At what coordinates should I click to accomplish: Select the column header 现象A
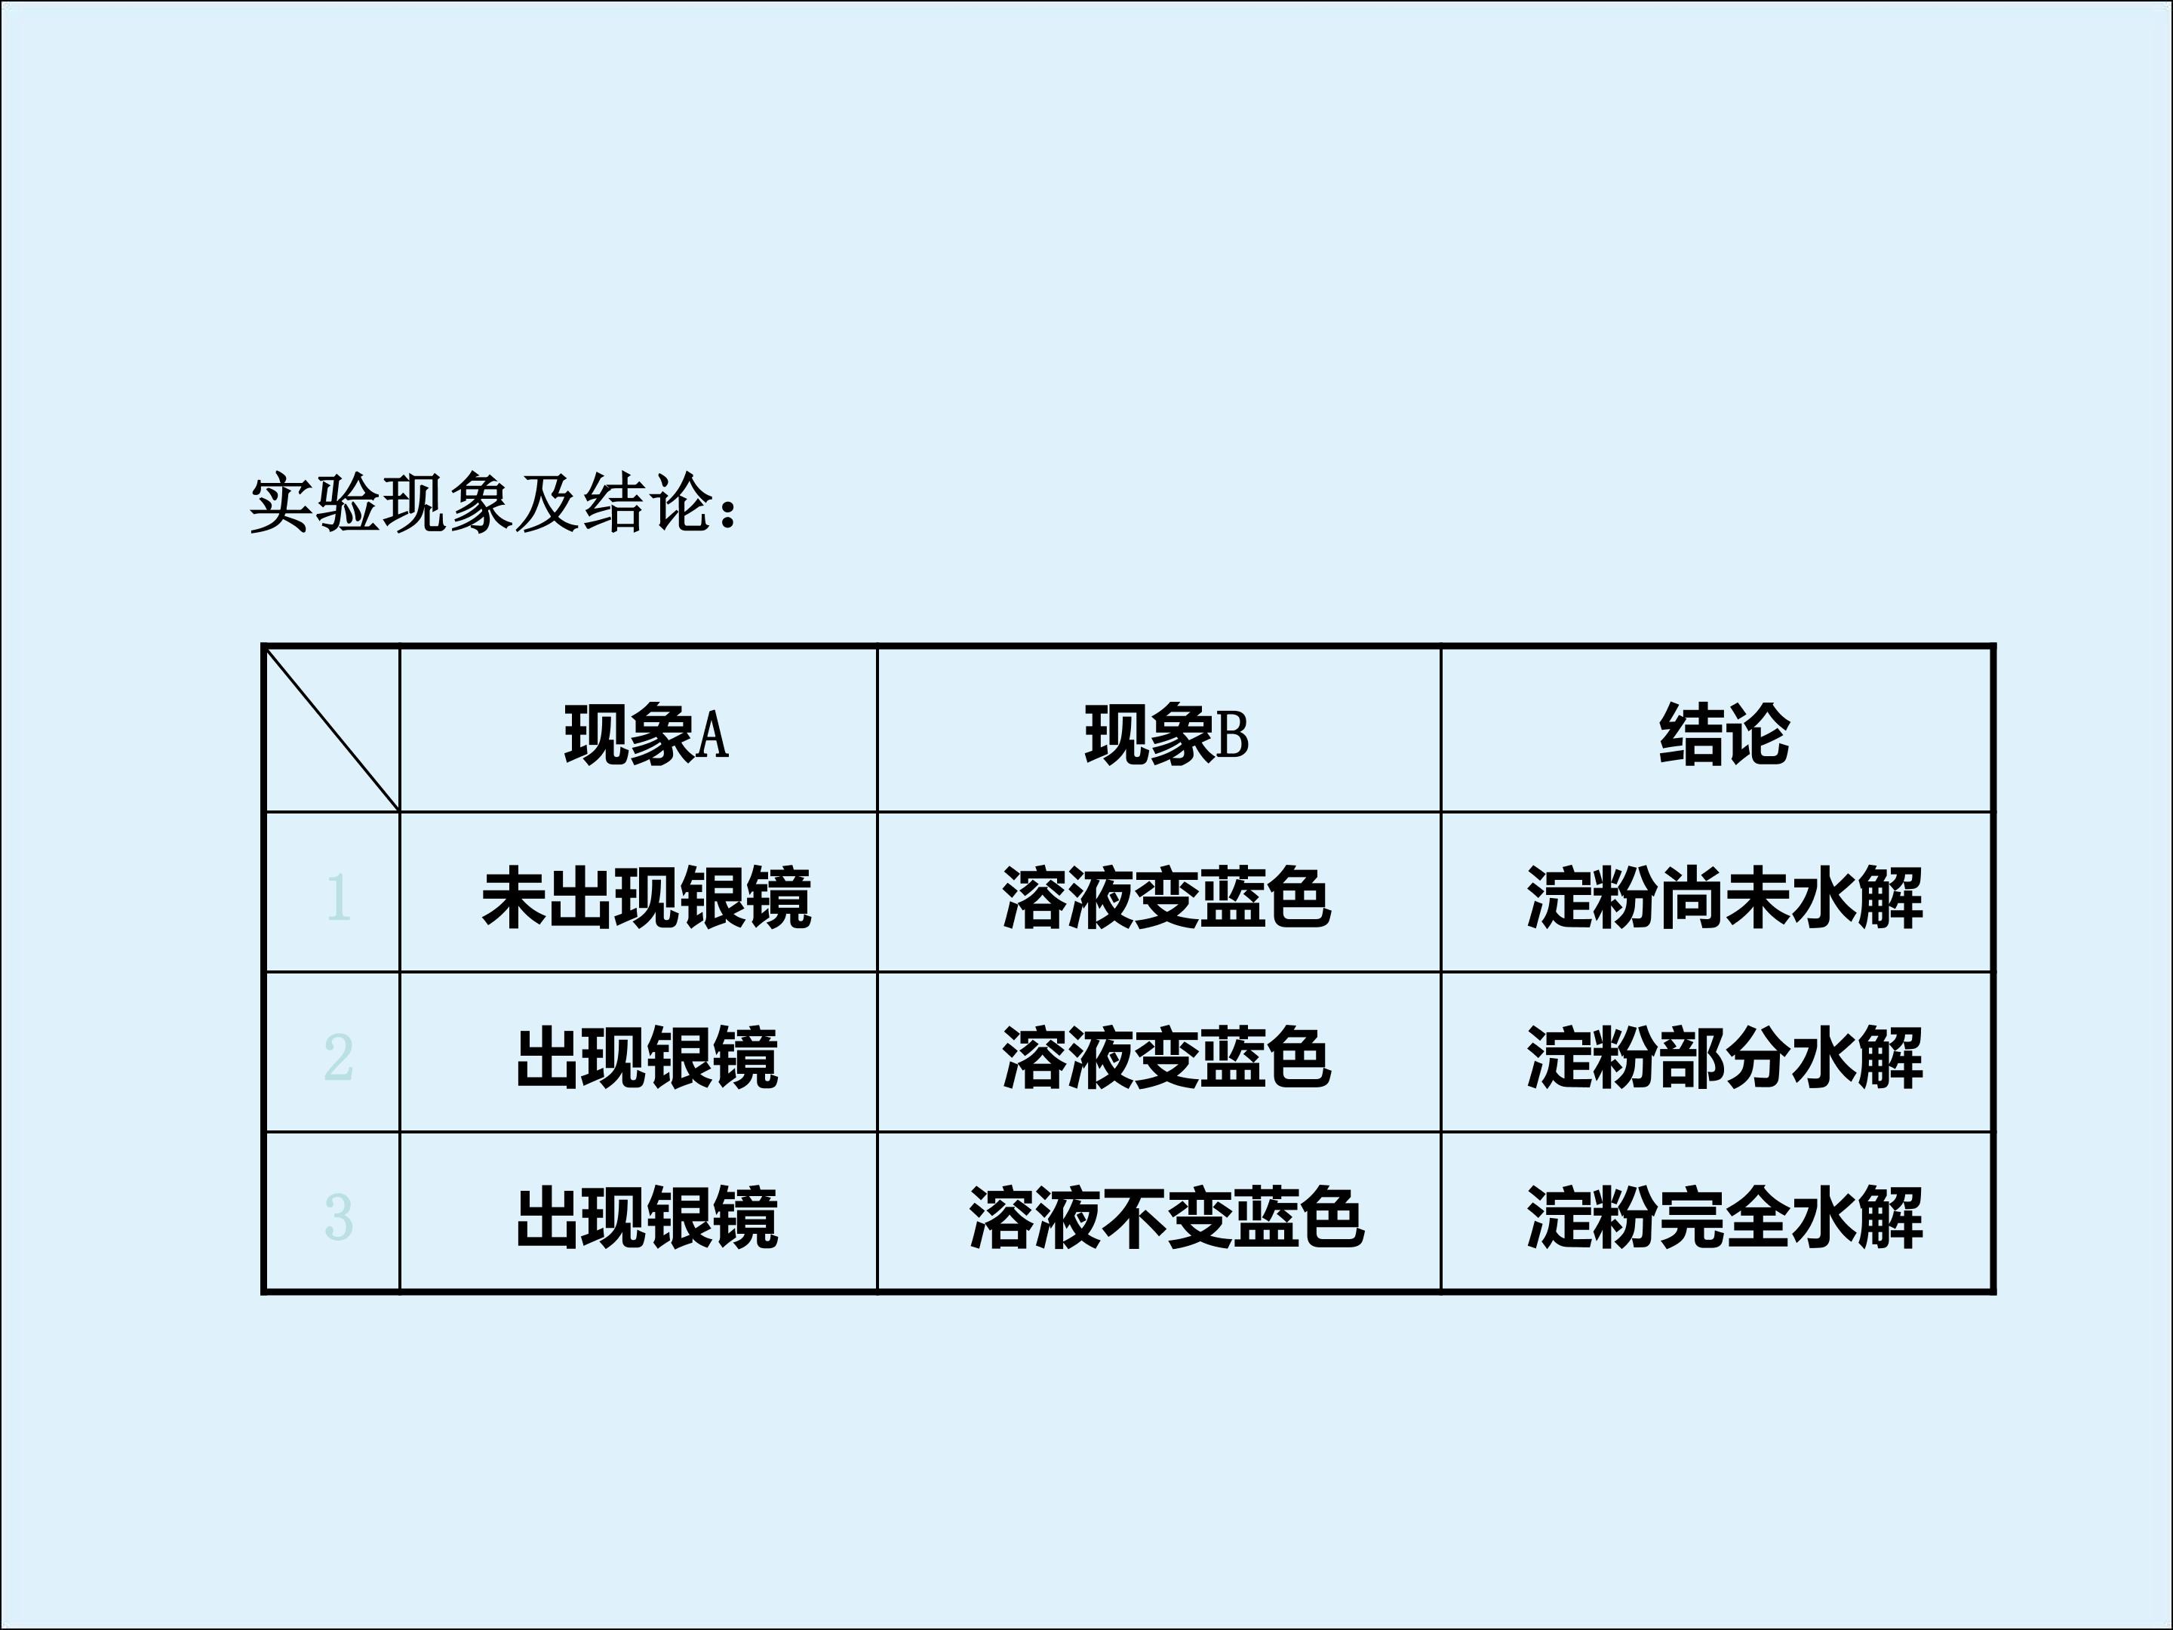coord(647,734)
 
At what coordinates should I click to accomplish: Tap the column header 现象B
coord(1167,734)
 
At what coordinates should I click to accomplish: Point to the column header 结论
coord(1724,734)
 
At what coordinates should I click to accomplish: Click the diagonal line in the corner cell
coord(332,729)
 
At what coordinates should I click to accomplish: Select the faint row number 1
coord(338,897)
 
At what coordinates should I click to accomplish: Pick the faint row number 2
coord(338,1057)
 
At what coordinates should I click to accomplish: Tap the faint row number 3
coord(338,1217)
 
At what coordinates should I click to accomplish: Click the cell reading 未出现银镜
coord(647,897)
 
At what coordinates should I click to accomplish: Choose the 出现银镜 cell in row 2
coord(647,1057)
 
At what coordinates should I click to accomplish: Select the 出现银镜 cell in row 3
coord(647,1217)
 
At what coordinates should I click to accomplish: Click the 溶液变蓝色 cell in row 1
coord(1167,897)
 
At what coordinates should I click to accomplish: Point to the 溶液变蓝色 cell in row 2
coord(1167,1057)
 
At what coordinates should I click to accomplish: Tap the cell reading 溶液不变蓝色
coord(1167,1217)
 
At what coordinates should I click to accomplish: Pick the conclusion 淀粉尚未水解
coord(1724,897)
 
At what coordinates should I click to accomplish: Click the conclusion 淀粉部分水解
coord(1724,1057)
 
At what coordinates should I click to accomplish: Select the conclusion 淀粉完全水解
coord(1724,1217)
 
